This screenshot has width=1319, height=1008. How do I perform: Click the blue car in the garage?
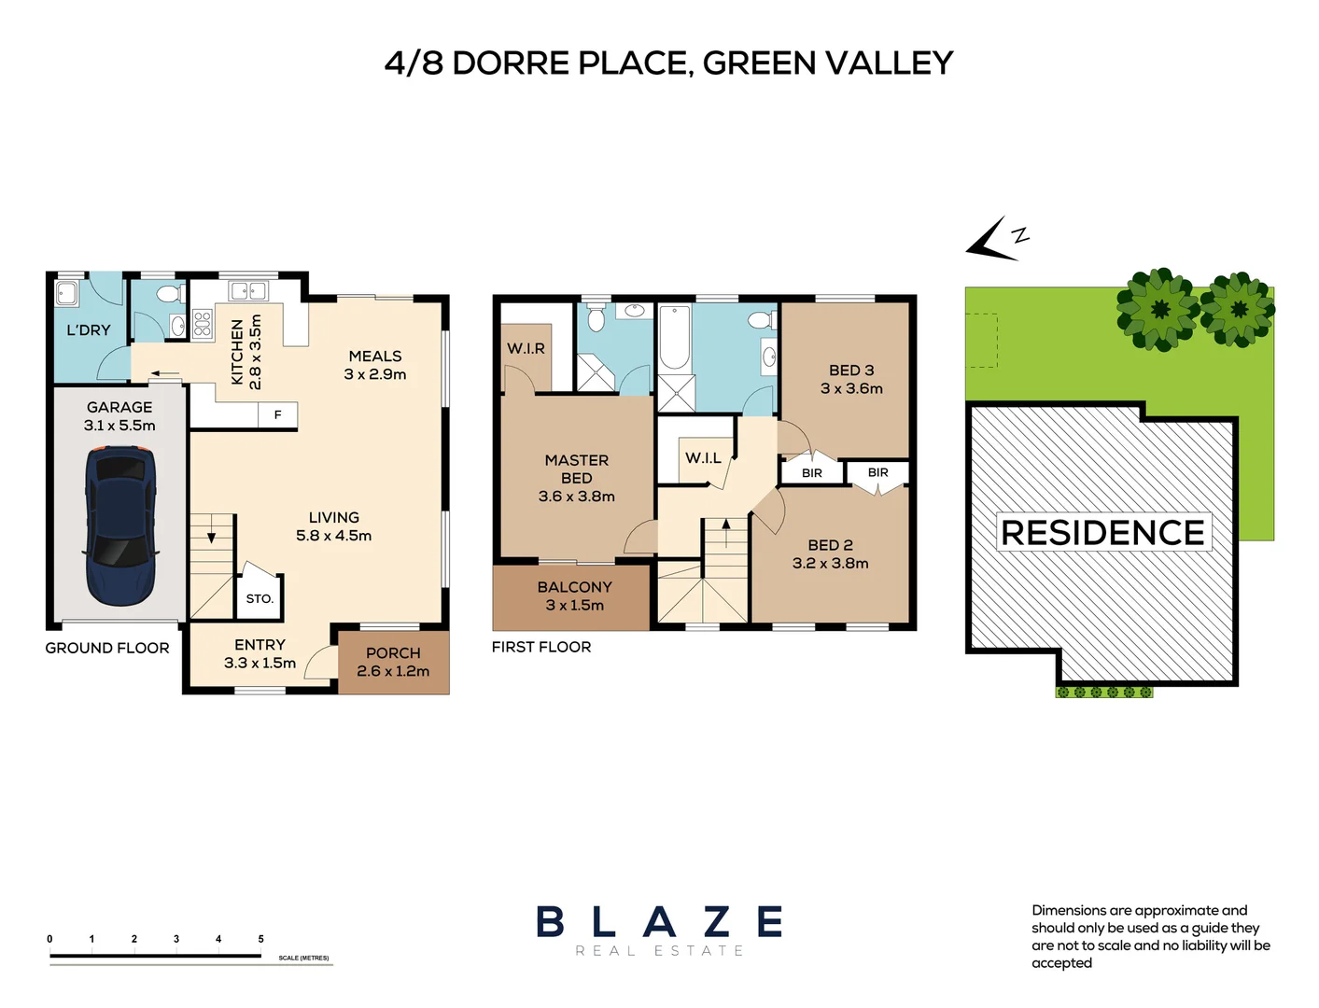click(x=119, y=525)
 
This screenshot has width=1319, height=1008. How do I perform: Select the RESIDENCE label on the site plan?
click(x=1102, y=532)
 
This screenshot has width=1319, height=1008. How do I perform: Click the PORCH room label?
click(x=393, y=653)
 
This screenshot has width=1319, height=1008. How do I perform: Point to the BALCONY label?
click(x=574, y=587)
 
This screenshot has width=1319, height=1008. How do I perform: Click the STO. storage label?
click(x=260, y=599)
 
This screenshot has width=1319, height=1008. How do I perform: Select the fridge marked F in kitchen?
click(x=277, y=415)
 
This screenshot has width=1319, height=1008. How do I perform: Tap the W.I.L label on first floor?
click(x=703, y=458)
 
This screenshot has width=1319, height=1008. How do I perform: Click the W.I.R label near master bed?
click(x=526, y=348)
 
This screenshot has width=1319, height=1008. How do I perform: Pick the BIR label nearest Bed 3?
click(x=812, y=473)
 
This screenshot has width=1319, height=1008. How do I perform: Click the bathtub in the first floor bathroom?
click(x=674, y=338)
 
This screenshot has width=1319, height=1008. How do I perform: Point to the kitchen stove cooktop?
click(x=203, y=324)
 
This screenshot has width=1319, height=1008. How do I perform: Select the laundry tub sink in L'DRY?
click(x=67, y=294)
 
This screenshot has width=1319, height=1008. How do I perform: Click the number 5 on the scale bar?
click(x=260, y=939)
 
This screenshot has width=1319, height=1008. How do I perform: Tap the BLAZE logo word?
click(x=659, y=922)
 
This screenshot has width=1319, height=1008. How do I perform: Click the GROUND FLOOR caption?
click(x=107, y=648)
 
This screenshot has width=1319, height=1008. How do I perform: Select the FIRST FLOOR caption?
click(x=541, y=647)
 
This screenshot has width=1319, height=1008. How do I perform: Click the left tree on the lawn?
click(x=1158, y=310)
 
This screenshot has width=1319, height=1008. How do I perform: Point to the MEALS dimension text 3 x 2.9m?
click(x=375, y=374)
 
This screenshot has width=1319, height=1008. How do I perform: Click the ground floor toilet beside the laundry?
click(x=169, y=294)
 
